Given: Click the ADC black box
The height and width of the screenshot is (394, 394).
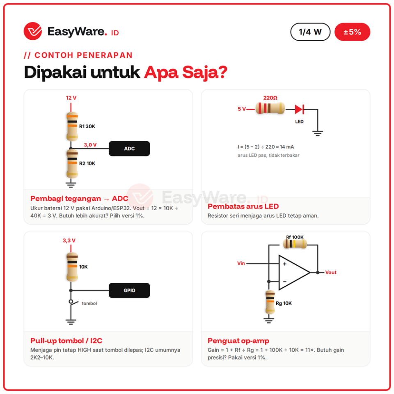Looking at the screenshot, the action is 129,149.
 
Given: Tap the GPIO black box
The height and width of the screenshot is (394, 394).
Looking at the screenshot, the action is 129,291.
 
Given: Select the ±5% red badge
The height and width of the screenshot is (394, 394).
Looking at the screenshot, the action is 352,32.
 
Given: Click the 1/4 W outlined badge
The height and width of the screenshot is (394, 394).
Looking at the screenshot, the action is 310,32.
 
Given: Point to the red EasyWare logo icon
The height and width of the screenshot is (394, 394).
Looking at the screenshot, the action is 33,31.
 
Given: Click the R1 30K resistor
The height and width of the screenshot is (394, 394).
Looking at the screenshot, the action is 72,126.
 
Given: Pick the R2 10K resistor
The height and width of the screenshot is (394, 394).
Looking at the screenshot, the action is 72,164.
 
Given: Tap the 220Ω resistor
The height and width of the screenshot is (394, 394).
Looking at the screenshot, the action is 270,108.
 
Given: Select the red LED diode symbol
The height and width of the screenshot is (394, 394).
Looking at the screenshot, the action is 299,109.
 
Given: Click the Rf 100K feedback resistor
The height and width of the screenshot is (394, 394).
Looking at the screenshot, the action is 295,244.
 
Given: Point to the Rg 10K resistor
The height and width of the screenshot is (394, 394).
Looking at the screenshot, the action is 270,302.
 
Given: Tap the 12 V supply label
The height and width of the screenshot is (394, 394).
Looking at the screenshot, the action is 71,98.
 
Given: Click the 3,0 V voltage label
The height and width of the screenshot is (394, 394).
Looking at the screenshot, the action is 90,145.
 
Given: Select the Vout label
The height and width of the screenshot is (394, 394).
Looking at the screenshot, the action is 331,273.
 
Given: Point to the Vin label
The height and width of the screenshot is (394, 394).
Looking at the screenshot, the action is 241,263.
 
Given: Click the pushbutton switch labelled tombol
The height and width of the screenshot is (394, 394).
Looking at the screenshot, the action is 73,303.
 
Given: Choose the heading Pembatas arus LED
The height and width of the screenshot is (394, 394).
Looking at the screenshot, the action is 243,206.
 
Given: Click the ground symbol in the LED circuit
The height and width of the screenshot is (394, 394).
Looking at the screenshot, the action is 318,133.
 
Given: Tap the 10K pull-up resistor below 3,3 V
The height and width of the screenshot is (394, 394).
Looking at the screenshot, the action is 72,267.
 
